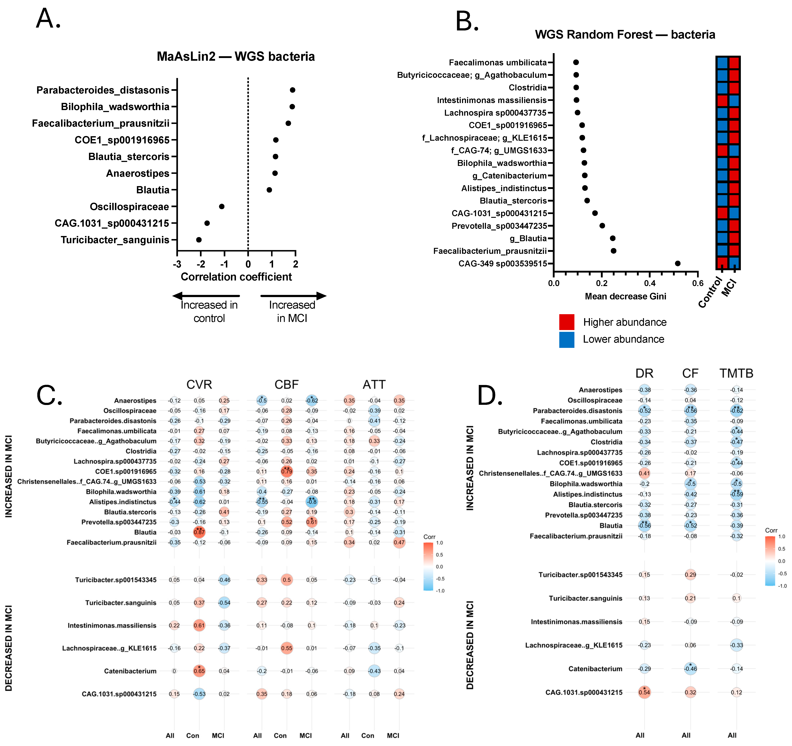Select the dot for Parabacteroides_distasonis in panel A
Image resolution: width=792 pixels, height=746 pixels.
click(x=292, y=90)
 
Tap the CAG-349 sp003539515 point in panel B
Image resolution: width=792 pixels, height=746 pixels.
click(x=678, y=263)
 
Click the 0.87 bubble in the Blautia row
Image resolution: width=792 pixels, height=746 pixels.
click(x=199, y=532)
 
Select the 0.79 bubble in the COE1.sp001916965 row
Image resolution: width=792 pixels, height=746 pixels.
click(x=286, y=471)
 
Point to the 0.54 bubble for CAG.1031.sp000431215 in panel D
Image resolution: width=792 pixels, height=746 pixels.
click(x=644, y=692)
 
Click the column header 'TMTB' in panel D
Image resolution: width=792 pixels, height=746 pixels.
click(x=736, y=373)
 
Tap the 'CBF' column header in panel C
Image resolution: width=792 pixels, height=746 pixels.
click(x=286, y=385)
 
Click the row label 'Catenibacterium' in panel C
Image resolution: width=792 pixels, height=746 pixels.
click(x=130, y=671)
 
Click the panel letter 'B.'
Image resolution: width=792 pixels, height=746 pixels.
click(x=467, y=21)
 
